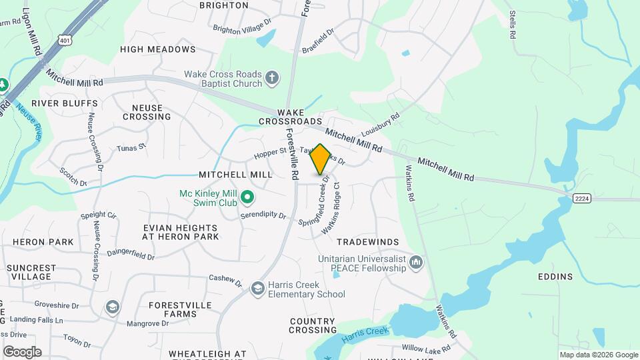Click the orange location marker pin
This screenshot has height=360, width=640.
[x=321, y=159]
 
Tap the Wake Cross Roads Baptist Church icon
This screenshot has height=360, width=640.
[x=271, y=79]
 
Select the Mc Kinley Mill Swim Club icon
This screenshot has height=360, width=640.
[x=247, y=197]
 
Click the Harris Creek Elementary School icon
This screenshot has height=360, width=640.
[x=257, y=288]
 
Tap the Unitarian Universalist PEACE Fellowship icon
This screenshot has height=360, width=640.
[x=417, y=263]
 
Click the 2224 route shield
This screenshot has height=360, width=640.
[x=581, y=199]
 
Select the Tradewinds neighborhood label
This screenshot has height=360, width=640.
[x=367, y=242]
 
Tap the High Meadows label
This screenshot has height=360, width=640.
[x=158, y=49]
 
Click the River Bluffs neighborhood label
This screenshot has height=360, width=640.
[x=65, y=103]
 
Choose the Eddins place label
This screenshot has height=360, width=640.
[x=555, y=277]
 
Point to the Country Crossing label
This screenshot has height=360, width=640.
[x=313, y=325]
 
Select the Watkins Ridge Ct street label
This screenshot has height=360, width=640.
[x=331, y=208]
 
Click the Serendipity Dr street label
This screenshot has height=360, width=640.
[x=263, y=216]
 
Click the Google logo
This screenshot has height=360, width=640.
[x=22, y=351]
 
